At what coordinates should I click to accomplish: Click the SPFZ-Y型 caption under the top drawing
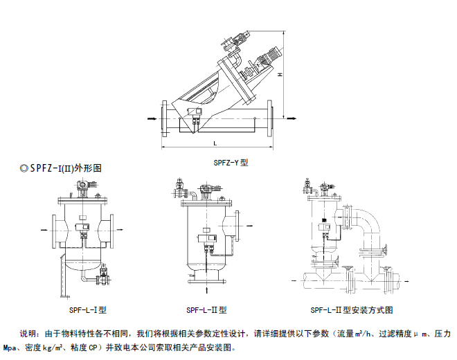230,163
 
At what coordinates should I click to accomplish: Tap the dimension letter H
280,74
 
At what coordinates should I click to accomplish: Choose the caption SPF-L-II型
206,310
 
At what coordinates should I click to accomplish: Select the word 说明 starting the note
26,332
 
